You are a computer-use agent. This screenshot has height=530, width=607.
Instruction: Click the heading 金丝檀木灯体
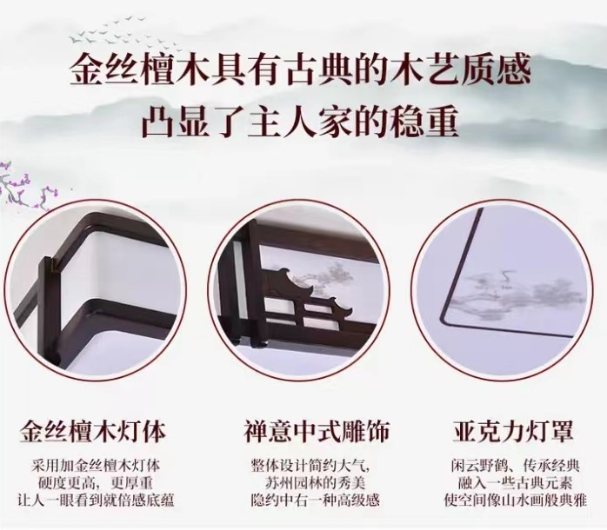point(92,432)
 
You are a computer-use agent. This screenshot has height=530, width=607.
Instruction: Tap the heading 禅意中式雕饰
point(317,432)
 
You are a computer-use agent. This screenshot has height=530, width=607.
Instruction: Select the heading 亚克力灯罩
point(513,431)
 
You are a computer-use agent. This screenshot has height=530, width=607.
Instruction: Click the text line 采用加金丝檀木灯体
point(96,466)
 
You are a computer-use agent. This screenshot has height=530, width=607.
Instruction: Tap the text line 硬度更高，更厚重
point(96,483)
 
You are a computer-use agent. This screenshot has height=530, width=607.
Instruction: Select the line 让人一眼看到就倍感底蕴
point(96,500)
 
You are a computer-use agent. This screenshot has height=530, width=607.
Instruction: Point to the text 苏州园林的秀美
point(315,483)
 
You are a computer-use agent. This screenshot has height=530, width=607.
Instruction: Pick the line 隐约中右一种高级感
point(315,500)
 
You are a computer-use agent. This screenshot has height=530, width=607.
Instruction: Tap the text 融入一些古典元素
point(515,483)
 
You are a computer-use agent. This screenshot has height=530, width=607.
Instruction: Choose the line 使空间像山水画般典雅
point(515,500)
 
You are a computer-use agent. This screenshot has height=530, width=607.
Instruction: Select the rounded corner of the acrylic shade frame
point(447,319)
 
